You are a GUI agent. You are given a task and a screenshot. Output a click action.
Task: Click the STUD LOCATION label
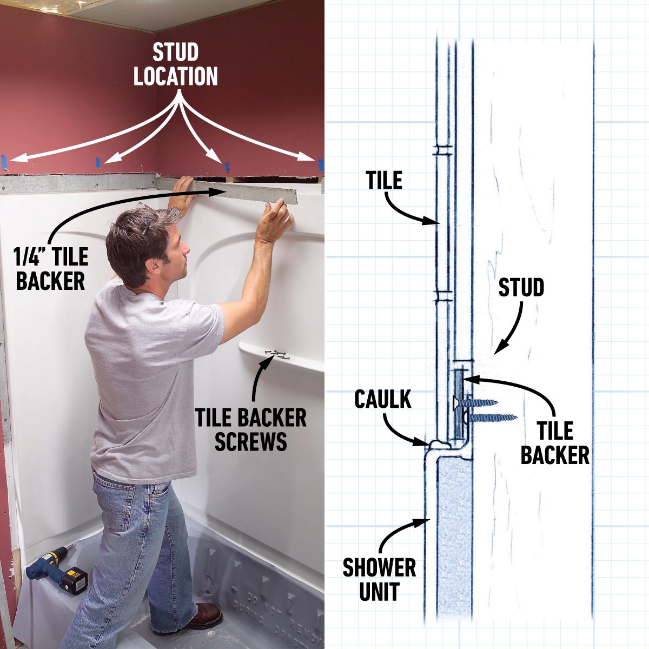176,65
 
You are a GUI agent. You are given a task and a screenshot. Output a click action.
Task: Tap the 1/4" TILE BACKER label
51,269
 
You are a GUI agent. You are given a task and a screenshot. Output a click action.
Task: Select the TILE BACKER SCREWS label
250,429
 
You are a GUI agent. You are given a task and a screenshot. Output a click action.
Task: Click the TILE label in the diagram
384,180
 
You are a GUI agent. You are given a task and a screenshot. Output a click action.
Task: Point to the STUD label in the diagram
521,288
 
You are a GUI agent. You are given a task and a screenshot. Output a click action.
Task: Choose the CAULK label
383,399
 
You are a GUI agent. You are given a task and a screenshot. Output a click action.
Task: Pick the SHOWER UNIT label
379,579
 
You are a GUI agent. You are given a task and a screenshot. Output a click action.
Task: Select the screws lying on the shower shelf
277,355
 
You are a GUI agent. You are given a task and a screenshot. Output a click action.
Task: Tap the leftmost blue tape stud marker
4,160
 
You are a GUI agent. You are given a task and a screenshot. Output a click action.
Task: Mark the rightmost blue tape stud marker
321,164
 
